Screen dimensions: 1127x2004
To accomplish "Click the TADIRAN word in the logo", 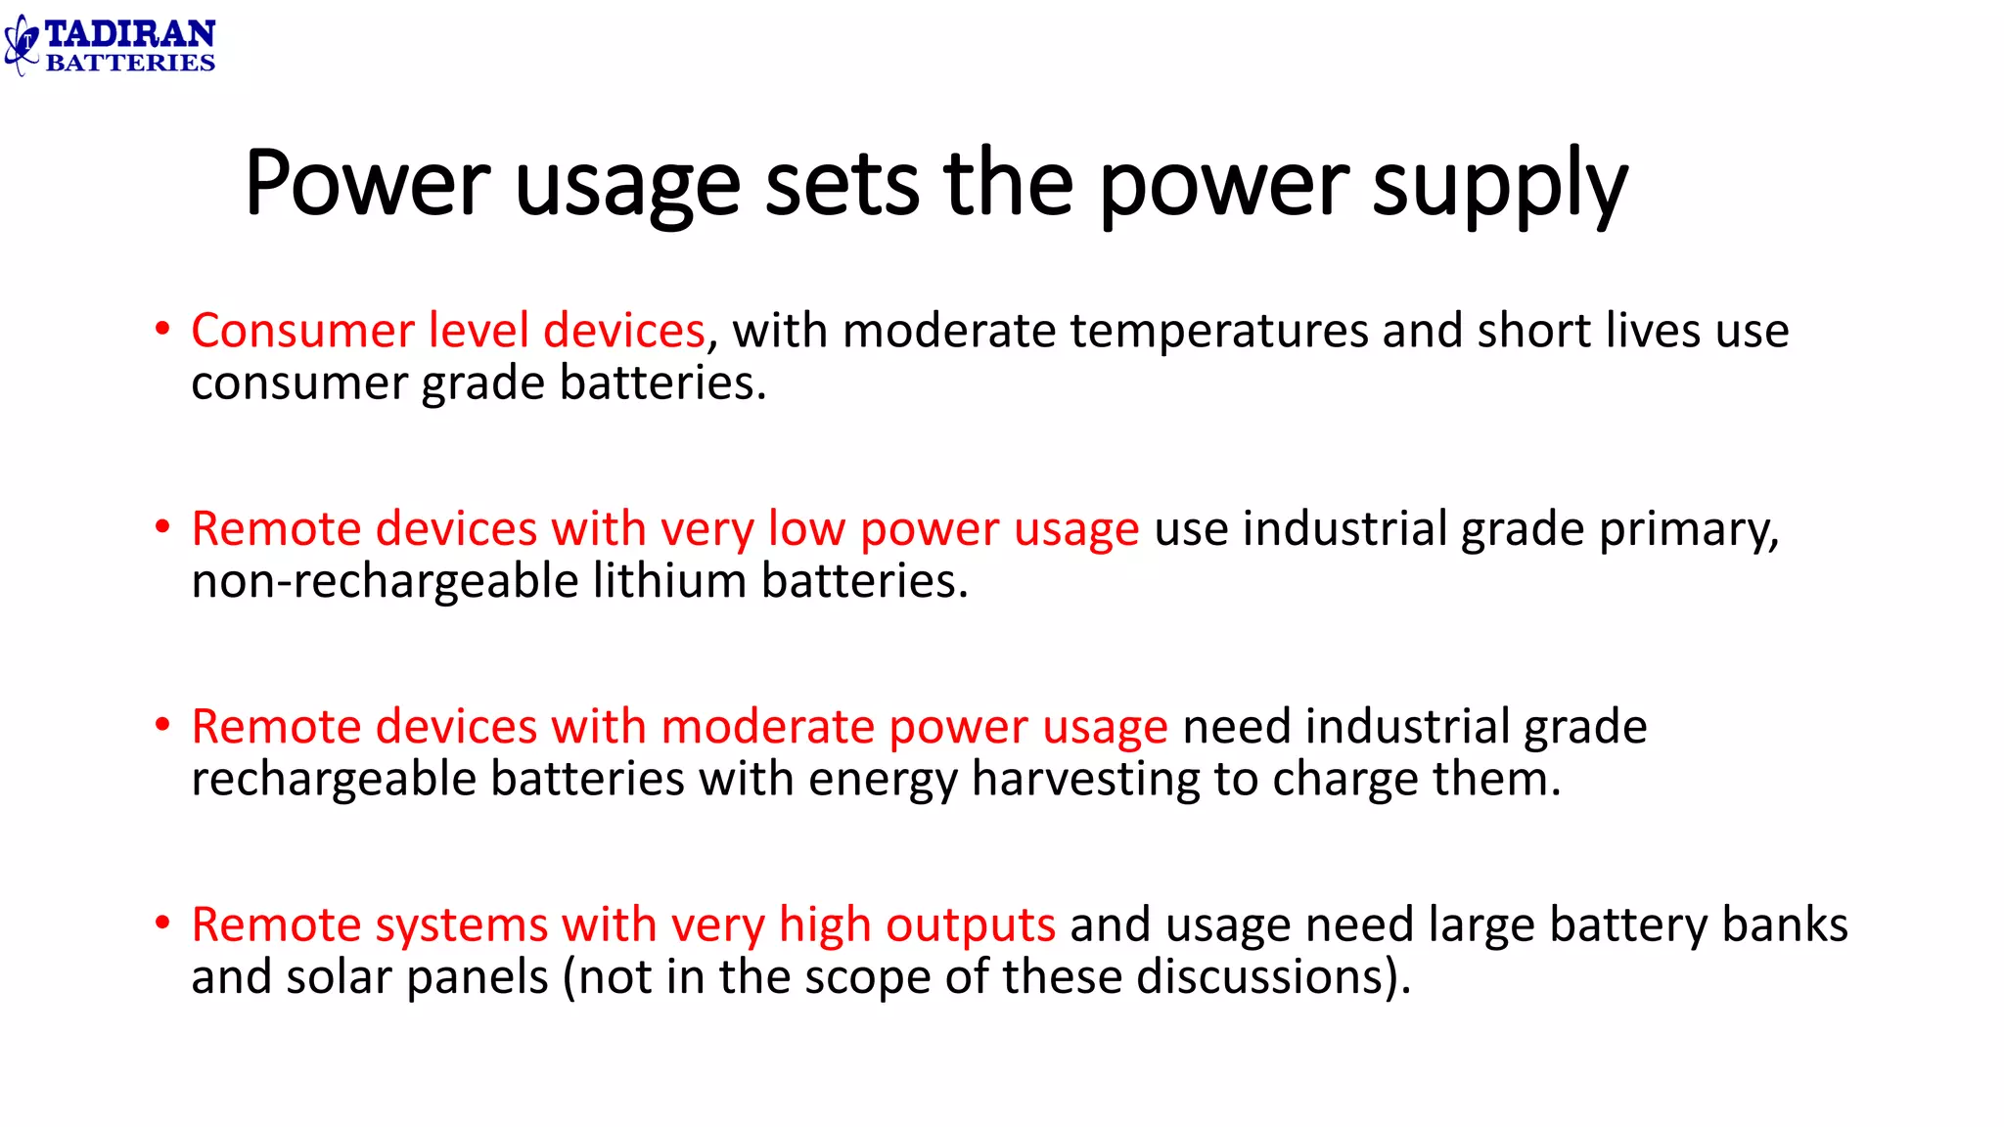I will click(129, 34).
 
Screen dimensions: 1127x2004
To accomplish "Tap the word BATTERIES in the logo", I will click(129, 63).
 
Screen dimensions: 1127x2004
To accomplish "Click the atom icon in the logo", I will click(22, 45).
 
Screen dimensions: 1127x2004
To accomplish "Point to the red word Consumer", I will click(302, 331).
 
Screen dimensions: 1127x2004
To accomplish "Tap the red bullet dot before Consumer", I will click(162, 329).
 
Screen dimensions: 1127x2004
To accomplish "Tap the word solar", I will click(342, 977).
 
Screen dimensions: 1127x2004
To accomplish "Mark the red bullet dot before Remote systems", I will click(162, 923).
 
